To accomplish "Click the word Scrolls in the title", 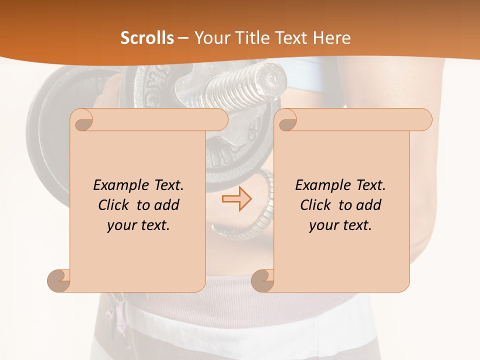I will coord(147,38).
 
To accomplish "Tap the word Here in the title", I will coord(332,38).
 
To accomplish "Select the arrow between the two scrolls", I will coord(236,199).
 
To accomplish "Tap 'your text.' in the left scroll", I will coord(138,225).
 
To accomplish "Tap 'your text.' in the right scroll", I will coord(340,225).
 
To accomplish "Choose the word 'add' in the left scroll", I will coord(166,205).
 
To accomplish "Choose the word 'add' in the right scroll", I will coord(368,205).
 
